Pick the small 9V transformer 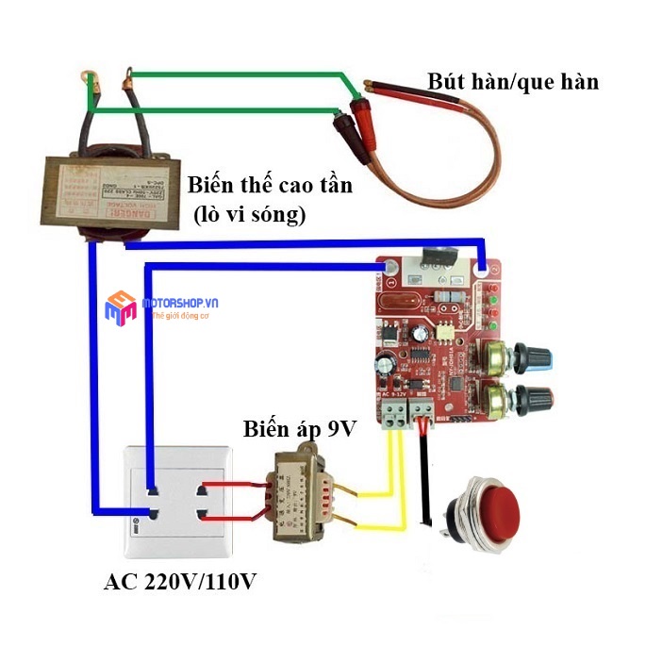(301, 494)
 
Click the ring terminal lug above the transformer (92, 73)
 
